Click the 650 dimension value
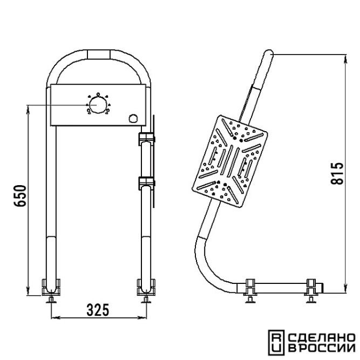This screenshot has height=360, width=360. coord(20,196)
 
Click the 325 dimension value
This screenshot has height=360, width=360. coord(98,310)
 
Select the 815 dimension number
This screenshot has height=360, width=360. coord(337,173)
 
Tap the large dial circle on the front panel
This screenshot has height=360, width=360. coord(98,105)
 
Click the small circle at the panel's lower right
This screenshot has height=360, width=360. coord(133,118)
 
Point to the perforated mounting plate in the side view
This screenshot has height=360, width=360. coord(230,161)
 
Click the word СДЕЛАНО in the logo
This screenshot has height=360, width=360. coord(322,337)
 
